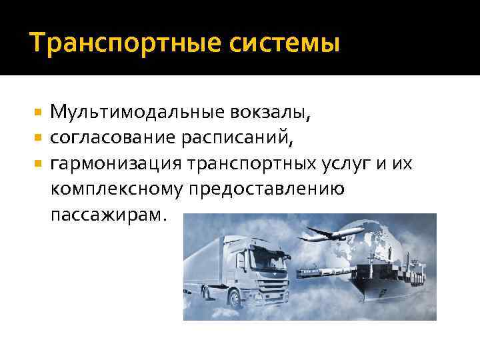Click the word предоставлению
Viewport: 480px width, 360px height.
266,190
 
